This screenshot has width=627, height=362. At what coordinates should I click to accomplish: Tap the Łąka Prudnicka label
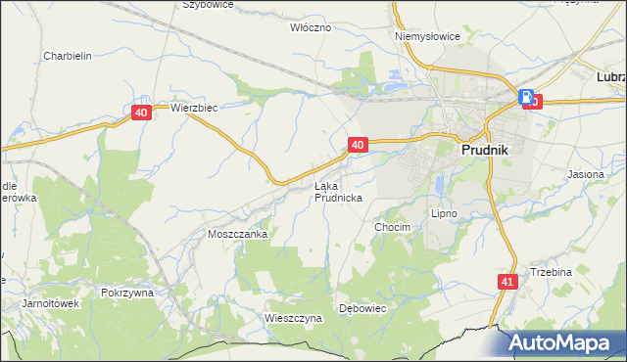(338, 191)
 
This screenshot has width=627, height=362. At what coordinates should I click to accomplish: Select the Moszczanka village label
(237, 235)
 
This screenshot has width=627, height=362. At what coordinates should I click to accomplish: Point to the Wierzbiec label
(193, 108)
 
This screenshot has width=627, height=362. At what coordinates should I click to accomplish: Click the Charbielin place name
(68, 56)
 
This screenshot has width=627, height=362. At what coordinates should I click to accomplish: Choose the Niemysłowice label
(427, 36)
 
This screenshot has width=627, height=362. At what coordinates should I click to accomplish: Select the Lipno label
(445, 212)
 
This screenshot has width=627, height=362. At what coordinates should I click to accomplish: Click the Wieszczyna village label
(293, 318)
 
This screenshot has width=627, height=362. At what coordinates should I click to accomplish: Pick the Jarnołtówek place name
(50, 303)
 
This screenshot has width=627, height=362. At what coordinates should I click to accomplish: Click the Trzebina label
(551, 272)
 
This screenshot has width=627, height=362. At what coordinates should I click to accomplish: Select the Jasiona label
(586, 173)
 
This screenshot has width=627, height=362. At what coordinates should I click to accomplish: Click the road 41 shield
(506, 281)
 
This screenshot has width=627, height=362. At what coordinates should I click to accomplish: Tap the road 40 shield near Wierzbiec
(141, 113)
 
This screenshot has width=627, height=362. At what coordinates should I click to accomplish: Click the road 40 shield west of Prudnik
(358, 145)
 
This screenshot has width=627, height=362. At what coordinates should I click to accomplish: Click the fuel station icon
(527, 97)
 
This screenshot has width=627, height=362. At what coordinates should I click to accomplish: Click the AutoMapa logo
(565, 343)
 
